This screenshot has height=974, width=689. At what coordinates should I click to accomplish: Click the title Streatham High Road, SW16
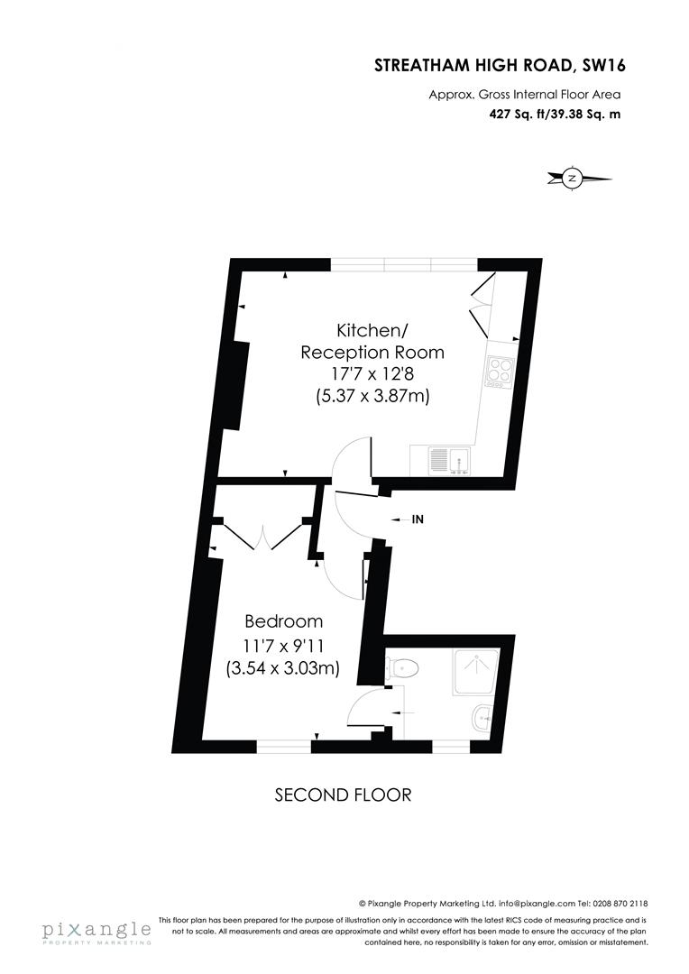click(500, 65)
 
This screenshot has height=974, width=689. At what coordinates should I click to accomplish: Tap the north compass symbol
click(571, 179)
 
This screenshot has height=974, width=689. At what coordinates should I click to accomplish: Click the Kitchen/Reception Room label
click(372, 340)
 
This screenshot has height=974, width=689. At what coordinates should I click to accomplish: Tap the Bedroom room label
click(283, 621)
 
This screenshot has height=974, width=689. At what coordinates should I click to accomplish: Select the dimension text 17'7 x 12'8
click(372, 373)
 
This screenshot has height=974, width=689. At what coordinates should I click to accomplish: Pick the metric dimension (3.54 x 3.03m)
click(282, 668)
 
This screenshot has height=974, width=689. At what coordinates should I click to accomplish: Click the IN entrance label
click(418, 519)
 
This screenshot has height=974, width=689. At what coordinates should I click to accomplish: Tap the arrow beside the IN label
click(397, 519)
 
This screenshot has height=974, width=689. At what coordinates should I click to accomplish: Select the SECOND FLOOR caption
click(343, 795)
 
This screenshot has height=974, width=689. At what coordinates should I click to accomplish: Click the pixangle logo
click(95, 931)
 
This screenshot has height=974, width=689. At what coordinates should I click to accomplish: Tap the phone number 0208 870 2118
click(619, 903)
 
